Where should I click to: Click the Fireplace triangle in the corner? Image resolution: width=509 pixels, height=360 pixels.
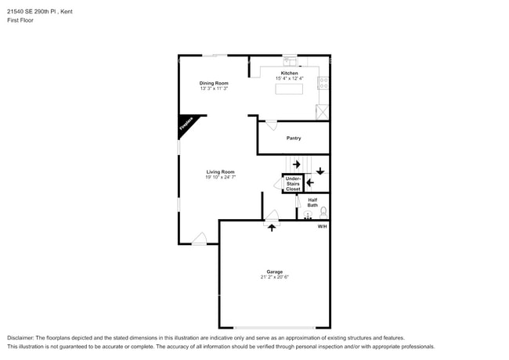click(186, 124)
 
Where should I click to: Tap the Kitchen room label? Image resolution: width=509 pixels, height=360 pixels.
click(290, 74)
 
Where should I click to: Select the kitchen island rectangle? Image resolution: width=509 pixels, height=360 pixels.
click(289, 88)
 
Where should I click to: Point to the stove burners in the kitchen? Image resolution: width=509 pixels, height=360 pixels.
click(323, 81)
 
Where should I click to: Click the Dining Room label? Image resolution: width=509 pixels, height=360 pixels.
click(214, 83)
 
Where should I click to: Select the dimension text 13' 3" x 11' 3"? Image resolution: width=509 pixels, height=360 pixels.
click(214, 88)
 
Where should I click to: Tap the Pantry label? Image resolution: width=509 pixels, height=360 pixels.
click(294, 139)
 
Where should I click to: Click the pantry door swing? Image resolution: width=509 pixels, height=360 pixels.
click(271, 124)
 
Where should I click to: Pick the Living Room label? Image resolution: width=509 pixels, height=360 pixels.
click(220, 172)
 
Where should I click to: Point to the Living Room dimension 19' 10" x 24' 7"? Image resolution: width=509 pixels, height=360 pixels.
click(220, 178)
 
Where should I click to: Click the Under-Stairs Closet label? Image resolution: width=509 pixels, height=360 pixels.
click(293, 184)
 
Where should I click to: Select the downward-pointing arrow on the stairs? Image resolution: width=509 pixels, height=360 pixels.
click(320, 171)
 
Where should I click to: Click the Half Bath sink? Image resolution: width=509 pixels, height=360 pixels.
click(308, 214)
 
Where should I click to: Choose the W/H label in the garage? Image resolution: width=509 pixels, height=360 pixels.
click(322, 226)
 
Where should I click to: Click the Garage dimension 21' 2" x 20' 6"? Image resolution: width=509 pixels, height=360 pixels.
click(274, 277)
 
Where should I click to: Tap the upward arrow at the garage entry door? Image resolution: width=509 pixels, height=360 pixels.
click(272, 228)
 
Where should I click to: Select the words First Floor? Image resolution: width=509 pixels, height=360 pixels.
click(21, 20)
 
